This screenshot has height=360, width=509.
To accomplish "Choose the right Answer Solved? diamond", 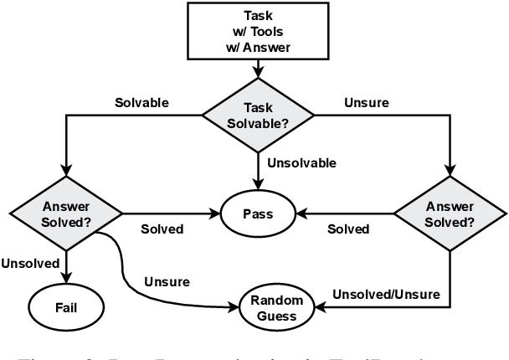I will (449, 213).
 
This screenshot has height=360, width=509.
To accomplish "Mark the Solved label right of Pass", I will (347, 229).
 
